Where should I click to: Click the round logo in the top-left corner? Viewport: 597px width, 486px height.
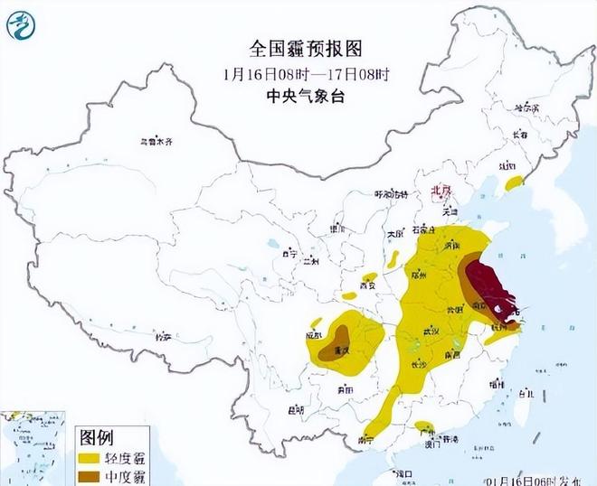(x=20, y=23)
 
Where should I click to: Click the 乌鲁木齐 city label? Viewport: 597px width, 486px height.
(x=155, y=142)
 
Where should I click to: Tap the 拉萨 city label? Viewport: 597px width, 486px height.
(x=163, y=336)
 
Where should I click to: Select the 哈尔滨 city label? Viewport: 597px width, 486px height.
(x=526, y=108)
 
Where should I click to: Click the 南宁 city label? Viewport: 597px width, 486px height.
(x=366, y=439)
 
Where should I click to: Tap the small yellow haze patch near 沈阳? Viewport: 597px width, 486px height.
(x=514, y=182)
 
